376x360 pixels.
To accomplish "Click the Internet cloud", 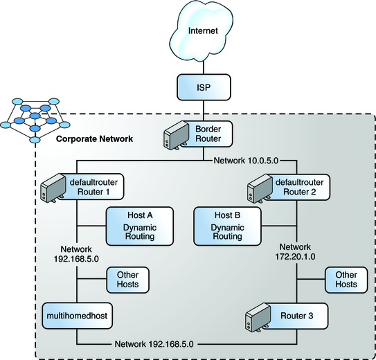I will pos(204,32).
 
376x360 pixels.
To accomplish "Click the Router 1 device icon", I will pos(52,187).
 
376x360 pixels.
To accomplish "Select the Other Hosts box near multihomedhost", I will pos(127,280).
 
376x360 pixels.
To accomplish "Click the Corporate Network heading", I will pos(94,140).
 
